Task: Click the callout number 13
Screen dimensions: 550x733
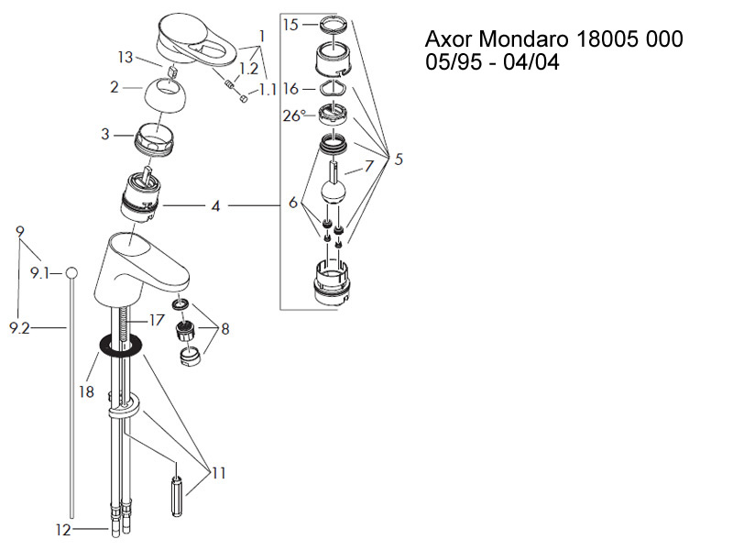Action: [x=126, y=58]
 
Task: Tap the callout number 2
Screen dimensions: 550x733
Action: [x=115, y=88]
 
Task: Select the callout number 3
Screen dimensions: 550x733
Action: [x=106, y=135]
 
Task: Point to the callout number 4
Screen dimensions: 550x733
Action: [x=215, y=206]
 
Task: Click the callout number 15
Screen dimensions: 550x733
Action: [x=290, y=25]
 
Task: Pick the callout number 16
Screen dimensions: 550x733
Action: [x=291, y=89]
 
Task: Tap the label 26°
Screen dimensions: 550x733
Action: [x=294, y=116]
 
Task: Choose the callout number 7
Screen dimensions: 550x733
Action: [x=369, y=166]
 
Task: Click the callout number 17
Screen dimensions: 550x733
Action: [x=157, y=320]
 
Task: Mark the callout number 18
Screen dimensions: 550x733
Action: [x=87, y=390]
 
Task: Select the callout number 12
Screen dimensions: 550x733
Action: [x=62, y=530]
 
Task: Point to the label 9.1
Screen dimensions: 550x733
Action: [x=40, y=273]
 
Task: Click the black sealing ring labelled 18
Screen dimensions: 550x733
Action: [x=119, y=346]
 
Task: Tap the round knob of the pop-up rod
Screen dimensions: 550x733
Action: [x=71, y=272]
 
